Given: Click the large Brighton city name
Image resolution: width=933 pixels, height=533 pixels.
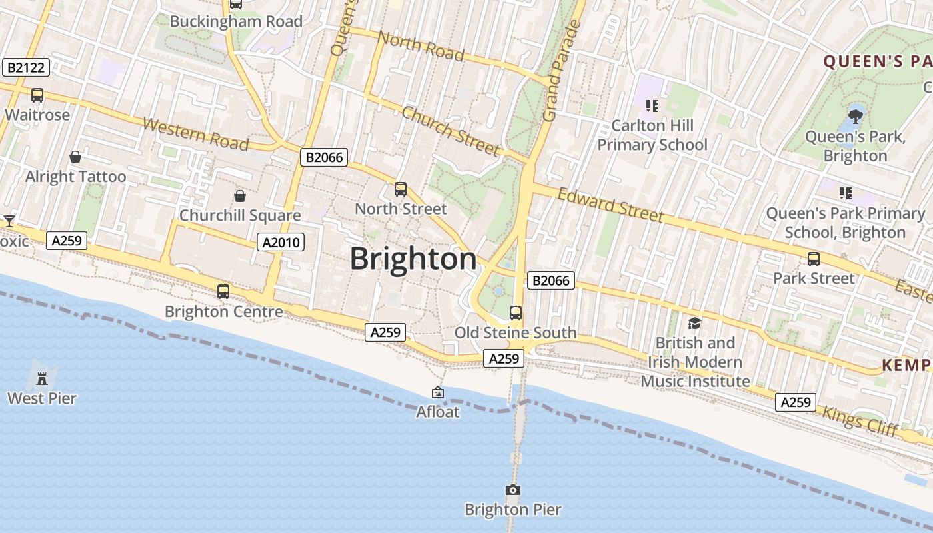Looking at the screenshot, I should [x=413, y=259].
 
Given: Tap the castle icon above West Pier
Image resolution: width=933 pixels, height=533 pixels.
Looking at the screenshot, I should [x=42, y=378].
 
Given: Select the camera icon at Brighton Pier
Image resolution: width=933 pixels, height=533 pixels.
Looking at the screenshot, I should [x=512, y=490].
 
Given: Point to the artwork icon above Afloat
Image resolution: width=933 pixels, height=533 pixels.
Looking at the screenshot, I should [x=438, y=392].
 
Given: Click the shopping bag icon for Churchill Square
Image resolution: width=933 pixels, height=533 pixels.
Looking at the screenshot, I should [x=240, y=196].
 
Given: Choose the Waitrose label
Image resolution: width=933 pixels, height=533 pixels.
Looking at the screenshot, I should [x=37, y=115].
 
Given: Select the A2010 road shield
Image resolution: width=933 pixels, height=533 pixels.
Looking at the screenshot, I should [x=281, y=242].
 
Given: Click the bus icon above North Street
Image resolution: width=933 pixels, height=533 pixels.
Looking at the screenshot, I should [x=400, y=189].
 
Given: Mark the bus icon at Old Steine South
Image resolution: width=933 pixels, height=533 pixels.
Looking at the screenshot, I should [x=515, y=312].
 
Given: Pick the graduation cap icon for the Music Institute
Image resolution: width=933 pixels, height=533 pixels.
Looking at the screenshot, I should [x=695, y=323].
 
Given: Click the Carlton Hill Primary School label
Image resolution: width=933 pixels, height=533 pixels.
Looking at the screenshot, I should [x=652, y=135].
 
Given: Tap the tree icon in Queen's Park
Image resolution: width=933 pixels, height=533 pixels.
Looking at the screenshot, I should [x=855, y=117].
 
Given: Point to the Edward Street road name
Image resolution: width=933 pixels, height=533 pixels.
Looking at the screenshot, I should [x=610, y=205].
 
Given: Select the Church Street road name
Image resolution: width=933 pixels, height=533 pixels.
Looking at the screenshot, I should [x=451, y=131].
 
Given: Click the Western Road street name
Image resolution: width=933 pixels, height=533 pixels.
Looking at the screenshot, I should [x=195, y=134].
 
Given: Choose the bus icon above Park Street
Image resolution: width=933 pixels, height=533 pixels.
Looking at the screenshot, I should [x=813, y=259].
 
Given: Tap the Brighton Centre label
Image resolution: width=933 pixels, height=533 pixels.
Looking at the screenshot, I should [x=223, y=311].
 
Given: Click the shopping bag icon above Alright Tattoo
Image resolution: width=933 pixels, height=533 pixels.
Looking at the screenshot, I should [x=75, y=157].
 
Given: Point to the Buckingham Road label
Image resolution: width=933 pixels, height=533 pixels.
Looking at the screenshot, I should [x=236, y=21].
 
